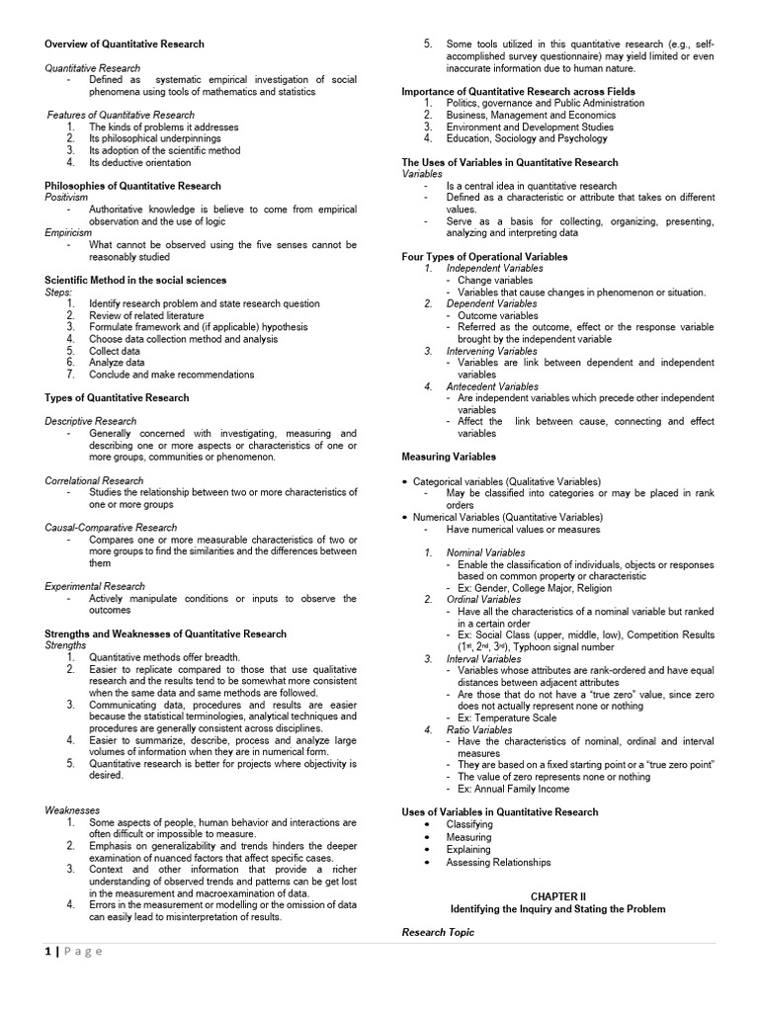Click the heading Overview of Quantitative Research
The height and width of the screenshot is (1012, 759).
coord(125,43)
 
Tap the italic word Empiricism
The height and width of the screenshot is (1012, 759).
coord(68,233)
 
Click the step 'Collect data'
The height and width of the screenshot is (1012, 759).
coord(114,351)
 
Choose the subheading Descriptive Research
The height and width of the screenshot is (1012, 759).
coord(90,421)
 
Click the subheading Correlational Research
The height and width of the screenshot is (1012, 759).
coord(94,480)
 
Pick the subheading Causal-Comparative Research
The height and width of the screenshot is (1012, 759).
coord(111,528)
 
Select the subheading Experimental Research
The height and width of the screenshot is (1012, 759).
coord(94,586)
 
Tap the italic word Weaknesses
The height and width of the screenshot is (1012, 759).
coord(72,810)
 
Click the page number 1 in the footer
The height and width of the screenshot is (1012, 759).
coord(47,952)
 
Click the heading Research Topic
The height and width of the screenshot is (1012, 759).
coord(438,932)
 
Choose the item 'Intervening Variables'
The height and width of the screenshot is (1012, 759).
coord(492,351)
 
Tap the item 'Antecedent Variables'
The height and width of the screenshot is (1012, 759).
coord(492,386)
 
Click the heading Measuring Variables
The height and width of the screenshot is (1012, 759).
coord(449,457)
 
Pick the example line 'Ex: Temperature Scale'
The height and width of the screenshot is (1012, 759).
coord(507,717)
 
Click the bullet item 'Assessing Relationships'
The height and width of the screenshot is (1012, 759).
coord(498,862)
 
